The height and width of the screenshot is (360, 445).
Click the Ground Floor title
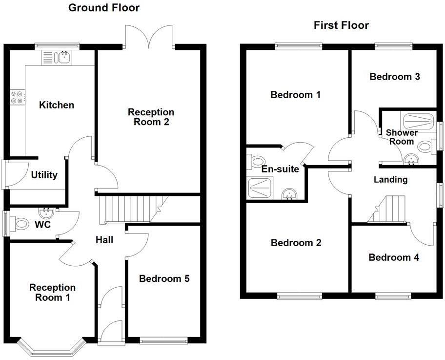point(103,8)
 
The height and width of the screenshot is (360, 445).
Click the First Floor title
point(341,25)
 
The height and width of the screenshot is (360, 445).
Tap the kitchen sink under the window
point(62,58)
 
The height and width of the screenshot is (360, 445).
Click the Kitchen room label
point(57,105)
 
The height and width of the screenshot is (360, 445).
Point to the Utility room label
point(44,175)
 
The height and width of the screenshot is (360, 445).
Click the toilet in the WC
point(21,224)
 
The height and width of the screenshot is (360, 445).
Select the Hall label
point(104,240)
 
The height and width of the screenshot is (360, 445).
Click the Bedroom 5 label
point(164,279)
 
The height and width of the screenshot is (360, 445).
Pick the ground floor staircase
point(130,209)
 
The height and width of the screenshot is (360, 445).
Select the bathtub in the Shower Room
point(417,121)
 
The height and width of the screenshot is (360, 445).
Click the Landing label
point(390,180)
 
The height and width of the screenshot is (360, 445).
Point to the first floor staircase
point(388,209)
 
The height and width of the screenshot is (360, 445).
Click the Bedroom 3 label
point(395,77)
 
